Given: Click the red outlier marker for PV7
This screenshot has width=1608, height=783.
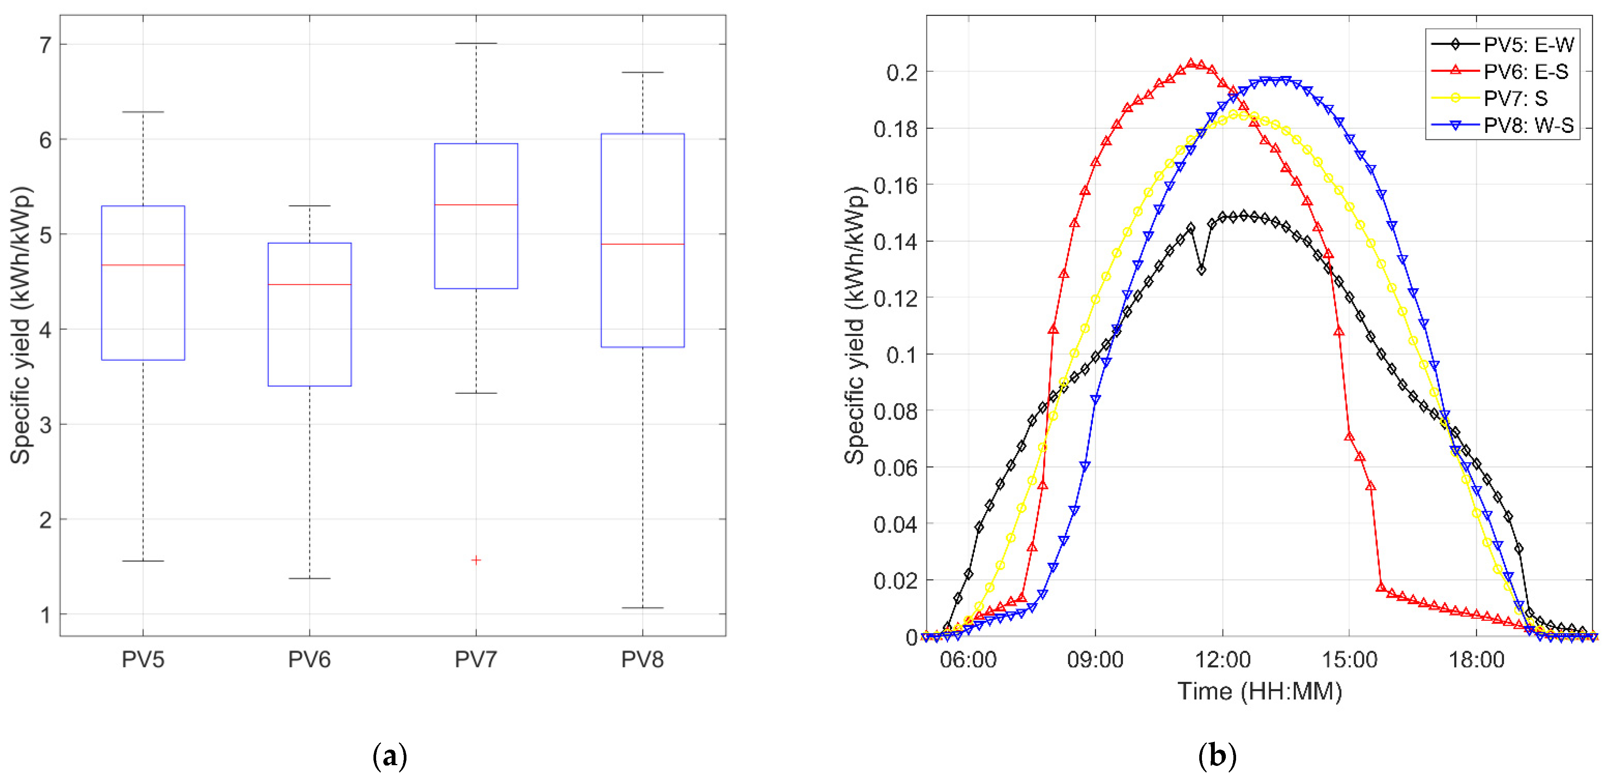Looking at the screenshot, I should click(x=476, y=560).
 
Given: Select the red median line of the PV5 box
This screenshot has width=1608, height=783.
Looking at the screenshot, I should click(x=143, y=265).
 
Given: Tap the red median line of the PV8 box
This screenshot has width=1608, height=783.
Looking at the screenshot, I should click(x=642, y=244).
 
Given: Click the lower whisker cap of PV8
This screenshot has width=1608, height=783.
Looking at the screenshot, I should click(x=642, y=608).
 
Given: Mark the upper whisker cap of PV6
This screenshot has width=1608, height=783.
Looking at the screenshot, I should click(x=310, y=205).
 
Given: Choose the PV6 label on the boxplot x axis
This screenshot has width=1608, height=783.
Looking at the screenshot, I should click(x=310, y=659).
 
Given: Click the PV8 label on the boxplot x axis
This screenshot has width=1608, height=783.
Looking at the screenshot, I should click(x=642, y=659).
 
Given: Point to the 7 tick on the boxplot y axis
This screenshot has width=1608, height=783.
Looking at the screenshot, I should click(x=45, y=45).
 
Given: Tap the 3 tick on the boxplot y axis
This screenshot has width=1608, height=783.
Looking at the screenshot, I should click(x=45, y=425).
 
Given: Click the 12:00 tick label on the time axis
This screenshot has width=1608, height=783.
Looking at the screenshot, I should click(x=1222, y=659).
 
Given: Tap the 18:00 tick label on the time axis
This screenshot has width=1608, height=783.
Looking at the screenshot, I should click(x=1476, y=659).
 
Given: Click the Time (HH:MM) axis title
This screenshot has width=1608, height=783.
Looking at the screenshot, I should click(x=1260, y=691).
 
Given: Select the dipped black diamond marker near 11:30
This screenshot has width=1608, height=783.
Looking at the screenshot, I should click(x=1201, y=270).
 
